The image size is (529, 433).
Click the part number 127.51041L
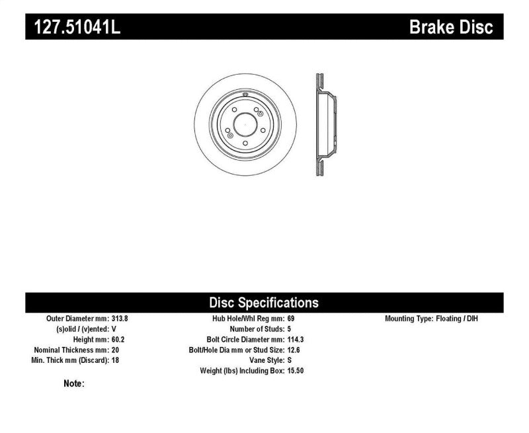73,27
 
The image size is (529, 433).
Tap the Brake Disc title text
451,27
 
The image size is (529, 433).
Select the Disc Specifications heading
264,303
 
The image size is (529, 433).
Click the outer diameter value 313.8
120,318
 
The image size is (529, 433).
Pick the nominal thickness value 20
115,350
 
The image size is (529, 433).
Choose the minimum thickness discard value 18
115,360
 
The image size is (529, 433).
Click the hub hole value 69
292,318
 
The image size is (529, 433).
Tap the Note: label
74,383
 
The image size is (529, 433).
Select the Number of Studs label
256,329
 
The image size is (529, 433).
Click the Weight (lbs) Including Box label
241,371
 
